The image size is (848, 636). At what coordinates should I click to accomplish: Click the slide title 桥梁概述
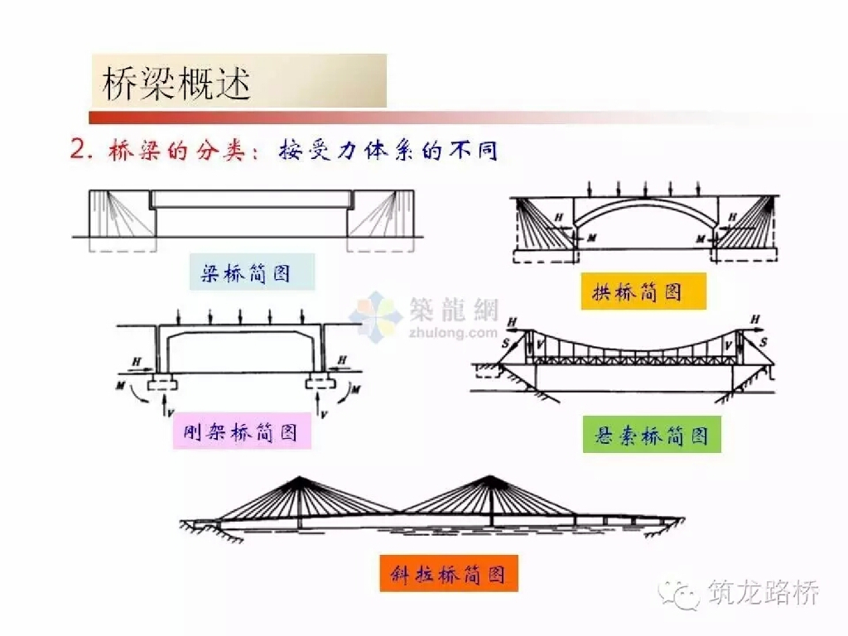click(176, 83)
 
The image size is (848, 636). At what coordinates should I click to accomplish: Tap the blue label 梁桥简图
click(246, 273)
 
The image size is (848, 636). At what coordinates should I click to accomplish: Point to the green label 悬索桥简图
click(651, 435)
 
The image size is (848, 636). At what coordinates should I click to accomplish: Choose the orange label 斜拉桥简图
click(448, 574)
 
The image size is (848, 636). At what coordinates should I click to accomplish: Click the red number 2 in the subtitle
click(78, 149)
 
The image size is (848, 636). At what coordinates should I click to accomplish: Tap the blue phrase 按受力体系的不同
click(388, 150)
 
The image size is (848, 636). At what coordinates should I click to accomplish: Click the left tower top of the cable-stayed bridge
click(298, 478)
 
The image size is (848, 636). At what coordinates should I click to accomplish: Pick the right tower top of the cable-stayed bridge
click(490, 478)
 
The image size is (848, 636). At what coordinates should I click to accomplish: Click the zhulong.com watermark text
click(453, 331)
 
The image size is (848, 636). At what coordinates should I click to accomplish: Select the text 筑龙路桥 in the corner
click(764, 592)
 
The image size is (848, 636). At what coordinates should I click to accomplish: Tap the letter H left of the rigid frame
click(137, 361)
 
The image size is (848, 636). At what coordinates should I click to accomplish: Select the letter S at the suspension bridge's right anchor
click(764, 342)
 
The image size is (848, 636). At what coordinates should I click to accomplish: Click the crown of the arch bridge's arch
click(645, 203)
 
